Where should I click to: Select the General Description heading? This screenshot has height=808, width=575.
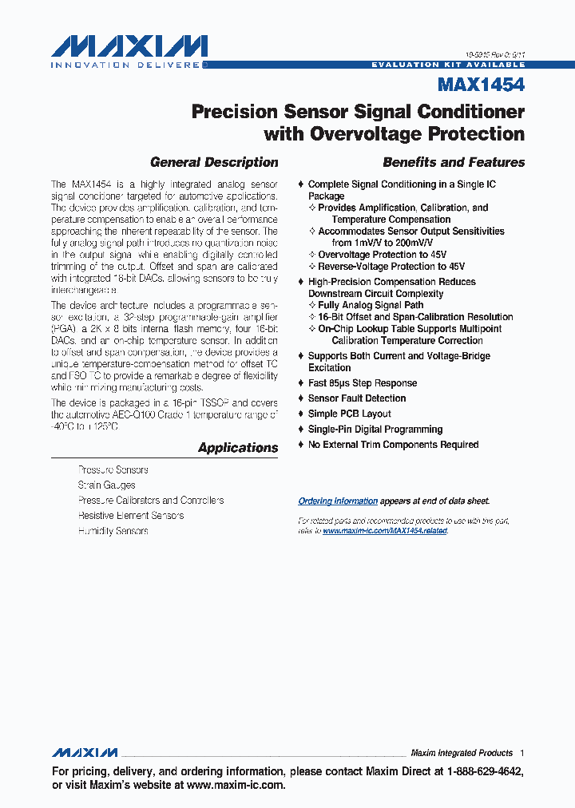[214, 162]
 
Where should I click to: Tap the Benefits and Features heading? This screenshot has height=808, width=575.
[454, 162]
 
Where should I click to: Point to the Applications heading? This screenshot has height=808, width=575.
[238, 448]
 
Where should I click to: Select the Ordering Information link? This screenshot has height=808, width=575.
[338, 501]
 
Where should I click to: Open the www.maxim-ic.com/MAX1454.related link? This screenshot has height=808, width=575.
[385, 531]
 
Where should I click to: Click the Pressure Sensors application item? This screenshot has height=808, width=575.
[113, 470]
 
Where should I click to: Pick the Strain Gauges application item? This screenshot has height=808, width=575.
[106, 485]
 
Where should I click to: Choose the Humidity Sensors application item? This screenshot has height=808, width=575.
[113, 531]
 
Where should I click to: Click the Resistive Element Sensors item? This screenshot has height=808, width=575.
[131, 516]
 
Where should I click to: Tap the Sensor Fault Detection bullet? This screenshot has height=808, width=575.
[357, 398]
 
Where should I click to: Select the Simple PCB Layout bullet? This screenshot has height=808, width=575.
[350, 414]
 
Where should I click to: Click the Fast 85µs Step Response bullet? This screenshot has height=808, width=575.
[363, 383]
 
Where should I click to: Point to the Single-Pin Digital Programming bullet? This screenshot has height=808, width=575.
[376, 430]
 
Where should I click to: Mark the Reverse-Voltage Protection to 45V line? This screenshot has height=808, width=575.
[391, 267]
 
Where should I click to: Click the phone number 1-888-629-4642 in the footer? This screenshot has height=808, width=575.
[483, 772]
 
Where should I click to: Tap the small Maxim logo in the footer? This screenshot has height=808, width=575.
[85, 753]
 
